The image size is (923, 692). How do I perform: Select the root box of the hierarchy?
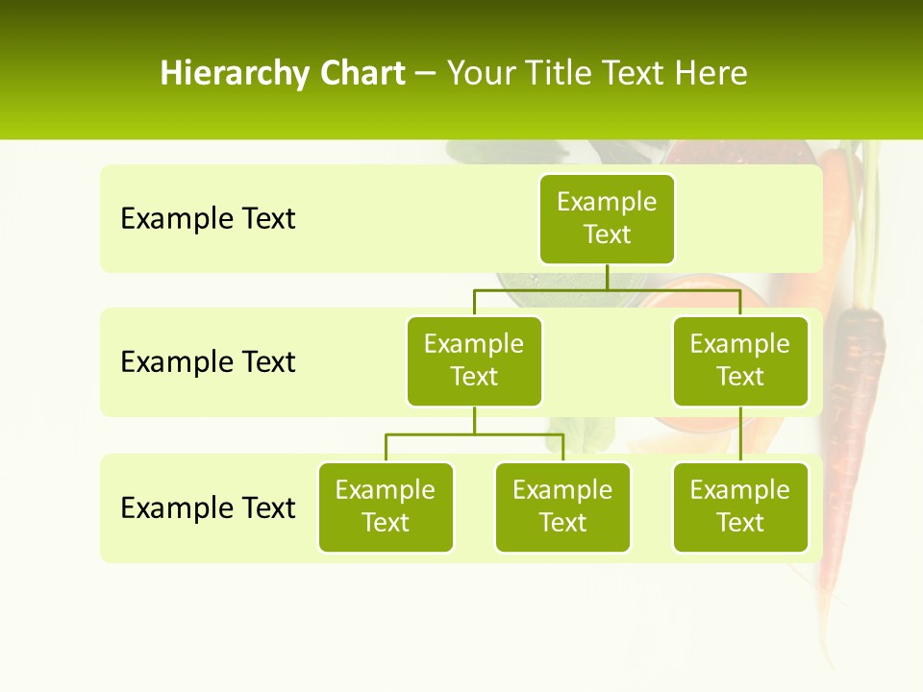[x=607, y=218]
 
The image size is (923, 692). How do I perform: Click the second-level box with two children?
[x=474, y=360]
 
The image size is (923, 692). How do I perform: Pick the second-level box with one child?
[x=740, y=360]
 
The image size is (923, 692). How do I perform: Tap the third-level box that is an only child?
[x=740, y=507]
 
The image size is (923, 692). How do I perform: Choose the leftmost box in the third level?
[x=386, y=507]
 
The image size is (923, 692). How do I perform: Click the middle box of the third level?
[x=562, y=507]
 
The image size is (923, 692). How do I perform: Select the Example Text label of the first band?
[x=208, y=218]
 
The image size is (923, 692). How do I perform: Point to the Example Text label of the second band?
[x=208, y=361]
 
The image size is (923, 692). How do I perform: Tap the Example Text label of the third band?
[x=208, y=507]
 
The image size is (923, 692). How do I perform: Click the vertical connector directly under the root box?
[x=607, y=277]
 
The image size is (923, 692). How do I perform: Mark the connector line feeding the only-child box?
[x=740, y=434]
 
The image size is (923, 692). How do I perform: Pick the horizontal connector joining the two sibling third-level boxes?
[x=474, y=434]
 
